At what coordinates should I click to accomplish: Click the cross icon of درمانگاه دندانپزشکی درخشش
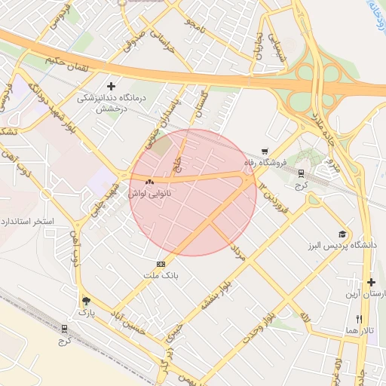pyautogui.click(x=112, y=86)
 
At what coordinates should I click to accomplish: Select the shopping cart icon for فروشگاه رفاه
pyautogui.click(x=264, y=152)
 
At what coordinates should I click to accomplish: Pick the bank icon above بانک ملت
pyautogui.click(x=160, y=265)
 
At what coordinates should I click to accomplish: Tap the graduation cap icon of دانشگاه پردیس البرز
pyautogui.click(x=342, y=234)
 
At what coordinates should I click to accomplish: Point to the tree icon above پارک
pyautogui.click(x=85, y=299)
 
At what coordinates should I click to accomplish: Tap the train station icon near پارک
pyautogui.click(x=64, y=329)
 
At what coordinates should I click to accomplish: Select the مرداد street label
pyautogui.click(x=240, y=252)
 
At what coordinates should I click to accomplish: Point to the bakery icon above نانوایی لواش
pyautogui.click(x=149, y=182)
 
